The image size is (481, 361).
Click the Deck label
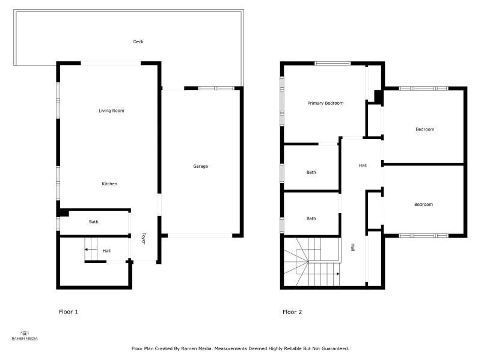coord(138,42)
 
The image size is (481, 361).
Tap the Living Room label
coord(111,111)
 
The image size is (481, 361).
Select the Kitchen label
coord(109,184)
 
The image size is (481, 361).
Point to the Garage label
coord(201,167)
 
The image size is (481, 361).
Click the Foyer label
coord(144,238)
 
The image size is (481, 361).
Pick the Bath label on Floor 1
coord(94,221)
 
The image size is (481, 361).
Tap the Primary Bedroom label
coord(325,103)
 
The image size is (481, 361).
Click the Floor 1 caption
coord(69,312)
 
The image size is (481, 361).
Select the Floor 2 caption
coord(292,312)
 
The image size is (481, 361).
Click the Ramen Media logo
coord(25,336)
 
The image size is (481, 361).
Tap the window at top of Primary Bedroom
coord(332,64)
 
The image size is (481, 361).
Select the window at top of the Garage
coord(216,88)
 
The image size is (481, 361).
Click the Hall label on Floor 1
coord(106,251)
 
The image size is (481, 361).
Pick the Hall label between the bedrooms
coord(363,166)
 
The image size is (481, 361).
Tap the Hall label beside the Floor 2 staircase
coord(353,247)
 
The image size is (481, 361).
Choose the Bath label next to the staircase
coord(311,218)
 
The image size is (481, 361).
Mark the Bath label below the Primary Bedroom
coord(311,173)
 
